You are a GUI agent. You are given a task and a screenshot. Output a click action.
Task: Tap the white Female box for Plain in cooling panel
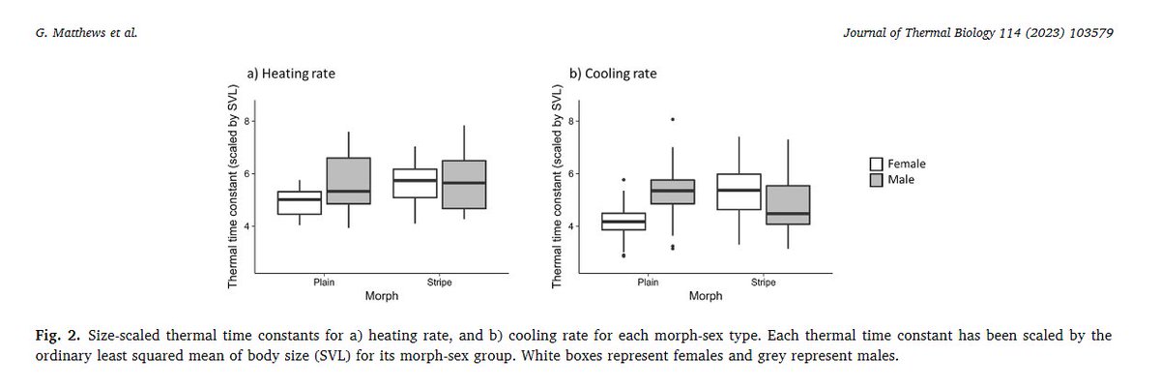click(624, 222)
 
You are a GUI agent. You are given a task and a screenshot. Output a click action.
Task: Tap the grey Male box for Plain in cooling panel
click(673, 192)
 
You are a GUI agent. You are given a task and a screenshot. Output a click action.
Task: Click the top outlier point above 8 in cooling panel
click(673, 119)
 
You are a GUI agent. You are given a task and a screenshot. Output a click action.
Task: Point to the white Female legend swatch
click(876, 165)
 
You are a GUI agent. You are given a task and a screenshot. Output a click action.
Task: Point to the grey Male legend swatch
click(876, 180)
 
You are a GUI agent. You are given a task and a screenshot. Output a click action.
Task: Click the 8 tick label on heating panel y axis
click(246, 121)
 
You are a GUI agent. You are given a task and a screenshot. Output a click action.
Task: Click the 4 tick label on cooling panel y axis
click(570, 226)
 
